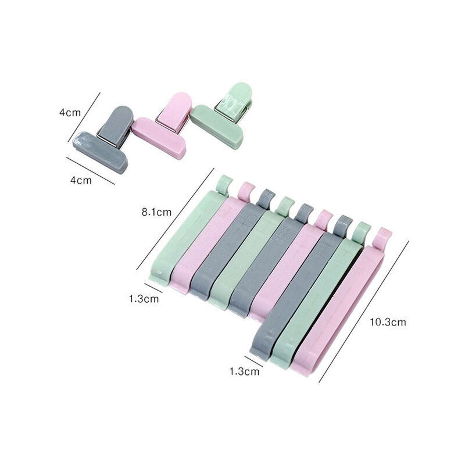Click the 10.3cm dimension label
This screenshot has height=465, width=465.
[388, 322]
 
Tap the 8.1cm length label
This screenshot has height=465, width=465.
[156, 212]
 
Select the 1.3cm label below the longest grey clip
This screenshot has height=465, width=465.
[244, 371]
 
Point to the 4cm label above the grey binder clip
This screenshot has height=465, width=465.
[70, 113]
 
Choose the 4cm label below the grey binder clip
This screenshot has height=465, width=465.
[81, 180]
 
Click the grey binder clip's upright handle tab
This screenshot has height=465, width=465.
[116, 124]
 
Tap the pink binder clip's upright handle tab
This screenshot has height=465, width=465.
[175, 110]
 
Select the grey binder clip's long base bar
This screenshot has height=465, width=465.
[100, 152]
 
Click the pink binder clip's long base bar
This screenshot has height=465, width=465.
[159, 138]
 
